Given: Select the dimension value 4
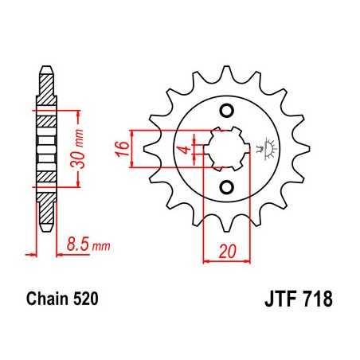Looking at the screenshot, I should [182, 149].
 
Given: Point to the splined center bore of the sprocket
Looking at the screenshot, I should [225, 148].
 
